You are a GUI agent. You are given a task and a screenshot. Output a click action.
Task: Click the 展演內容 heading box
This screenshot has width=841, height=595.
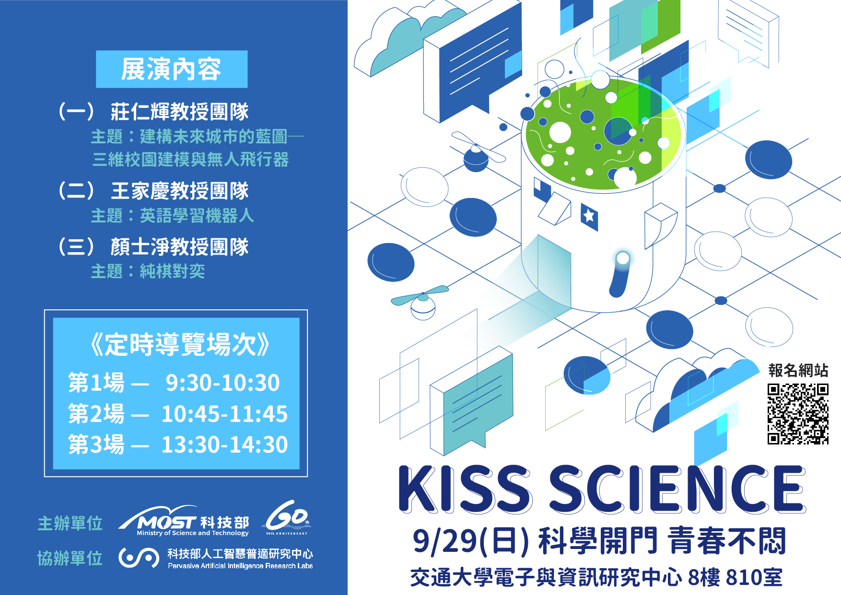point(172,69)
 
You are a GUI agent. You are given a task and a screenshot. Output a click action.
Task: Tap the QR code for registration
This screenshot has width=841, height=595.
point(798,414)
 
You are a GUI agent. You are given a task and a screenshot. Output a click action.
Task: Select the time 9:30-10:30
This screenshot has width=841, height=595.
point(222,383)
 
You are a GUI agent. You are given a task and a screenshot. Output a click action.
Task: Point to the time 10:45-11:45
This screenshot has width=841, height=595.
point(224,414)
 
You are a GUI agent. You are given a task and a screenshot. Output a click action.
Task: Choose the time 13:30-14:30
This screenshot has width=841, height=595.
point(224,444)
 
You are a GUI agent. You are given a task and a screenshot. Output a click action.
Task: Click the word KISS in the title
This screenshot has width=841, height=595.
point(465,489)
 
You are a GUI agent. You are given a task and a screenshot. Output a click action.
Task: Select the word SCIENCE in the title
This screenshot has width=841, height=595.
point(677,489)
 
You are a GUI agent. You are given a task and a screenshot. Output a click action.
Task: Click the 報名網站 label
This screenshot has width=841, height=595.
point(798,370)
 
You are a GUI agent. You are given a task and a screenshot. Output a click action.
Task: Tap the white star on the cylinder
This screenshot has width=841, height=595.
point(589,216)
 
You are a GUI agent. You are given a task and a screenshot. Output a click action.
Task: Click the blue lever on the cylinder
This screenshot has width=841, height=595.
point(619,274)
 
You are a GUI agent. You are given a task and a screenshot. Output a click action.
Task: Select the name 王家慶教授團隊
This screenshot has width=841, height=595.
point(180,191)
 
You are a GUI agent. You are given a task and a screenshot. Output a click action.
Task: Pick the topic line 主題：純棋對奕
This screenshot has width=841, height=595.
point(148,271)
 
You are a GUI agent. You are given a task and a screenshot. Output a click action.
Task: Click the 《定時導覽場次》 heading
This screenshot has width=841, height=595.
point(180,344)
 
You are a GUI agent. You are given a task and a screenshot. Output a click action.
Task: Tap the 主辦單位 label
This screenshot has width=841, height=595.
point(70,523)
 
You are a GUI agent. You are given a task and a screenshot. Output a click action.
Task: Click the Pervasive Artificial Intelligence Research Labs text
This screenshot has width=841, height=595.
point(240,566)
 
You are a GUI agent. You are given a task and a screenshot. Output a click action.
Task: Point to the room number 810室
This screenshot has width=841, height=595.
point(754,577)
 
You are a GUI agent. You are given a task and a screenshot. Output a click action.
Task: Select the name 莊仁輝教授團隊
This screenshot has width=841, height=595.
point(180,112)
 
